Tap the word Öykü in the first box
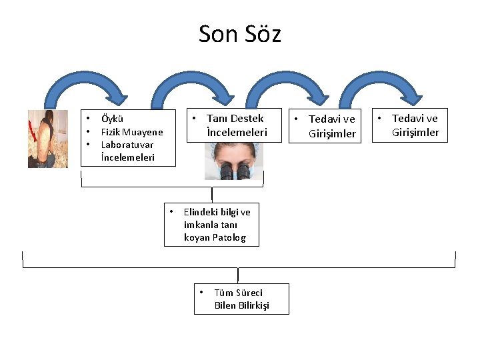tap(111, 119)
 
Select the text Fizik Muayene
tap(131, 132)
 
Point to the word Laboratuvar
tap(127, 145)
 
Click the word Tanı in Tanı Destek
tap(217, 119)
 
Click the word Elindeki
tap(201, 212)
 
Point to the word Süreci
tap(248, 293)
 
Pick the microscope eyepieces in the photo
tap(234, 171)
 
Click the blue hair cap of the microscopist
tap(233, 147)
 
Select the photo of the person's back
tap(48, 139)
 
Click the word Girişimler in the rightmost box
tap(415, 132)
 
